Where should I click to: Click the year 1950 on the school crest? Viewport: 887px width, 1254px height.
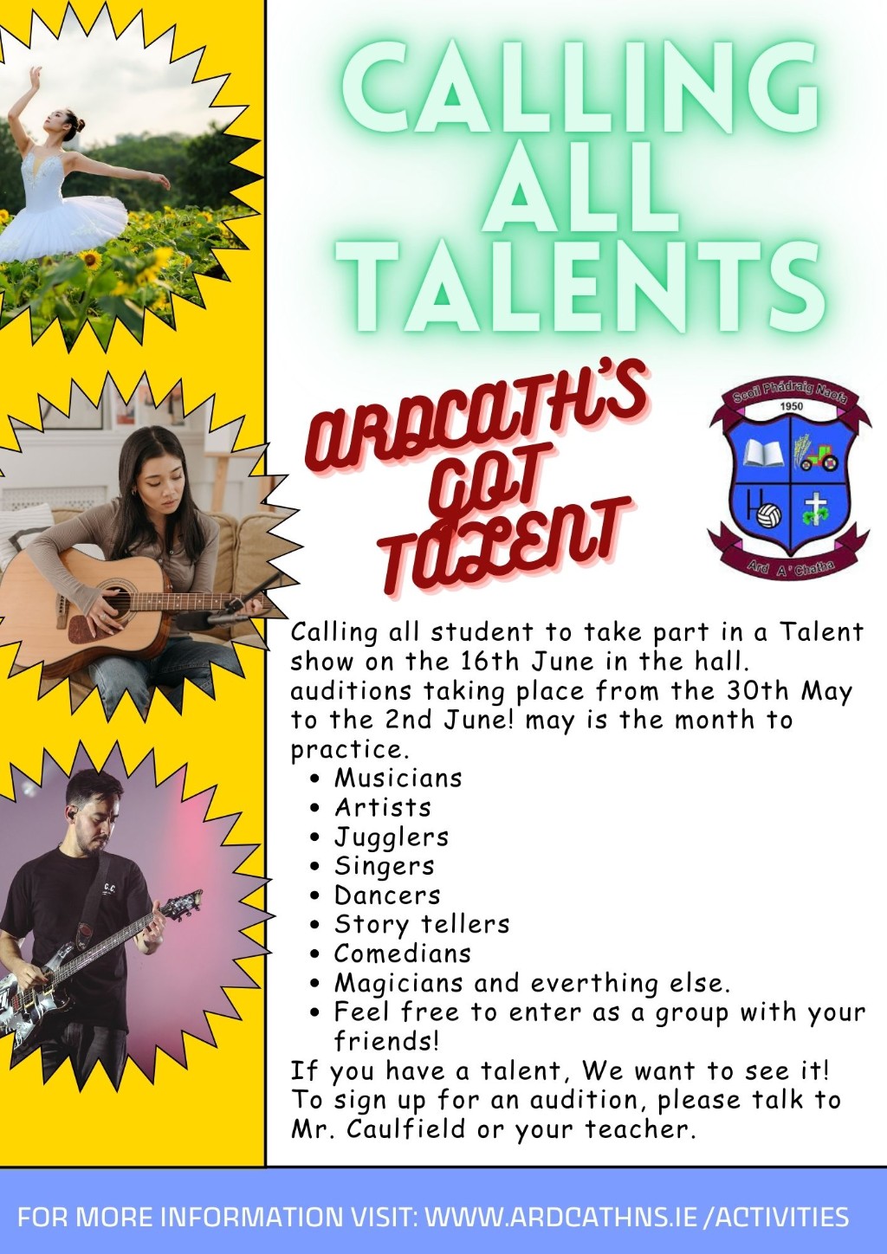tap(791, 406)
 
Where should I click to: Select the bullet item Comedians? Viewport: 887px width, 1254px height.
tap(403, 953)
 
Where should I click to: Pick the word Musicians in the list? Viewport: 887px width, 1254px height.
tap(398, 779)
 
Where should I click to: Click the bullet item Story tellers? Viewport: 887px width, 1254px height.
tap(422, 925)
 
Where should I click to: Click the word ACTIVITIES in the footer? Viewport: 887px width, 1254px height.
tap(780, 1217)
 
